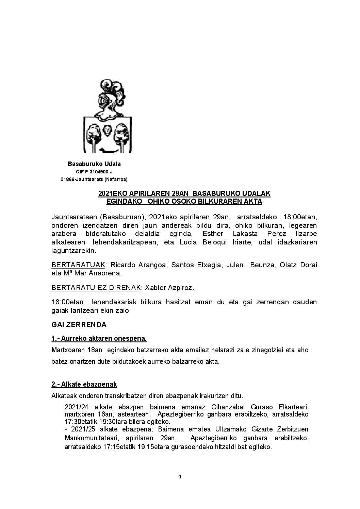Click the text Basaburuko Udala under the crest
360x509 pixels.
coord(94,164)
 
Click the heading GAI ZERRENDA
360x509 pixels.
coord(79,325)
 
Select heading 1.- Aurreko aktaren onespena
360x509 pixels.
coord(99,339)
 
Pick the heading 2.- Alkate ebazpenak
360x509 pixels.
coord(84,384)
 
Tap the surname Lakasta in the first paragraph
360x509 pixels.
coord(245,234)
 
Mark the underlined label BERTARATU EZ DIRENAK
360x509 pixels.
coord(96,288)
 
